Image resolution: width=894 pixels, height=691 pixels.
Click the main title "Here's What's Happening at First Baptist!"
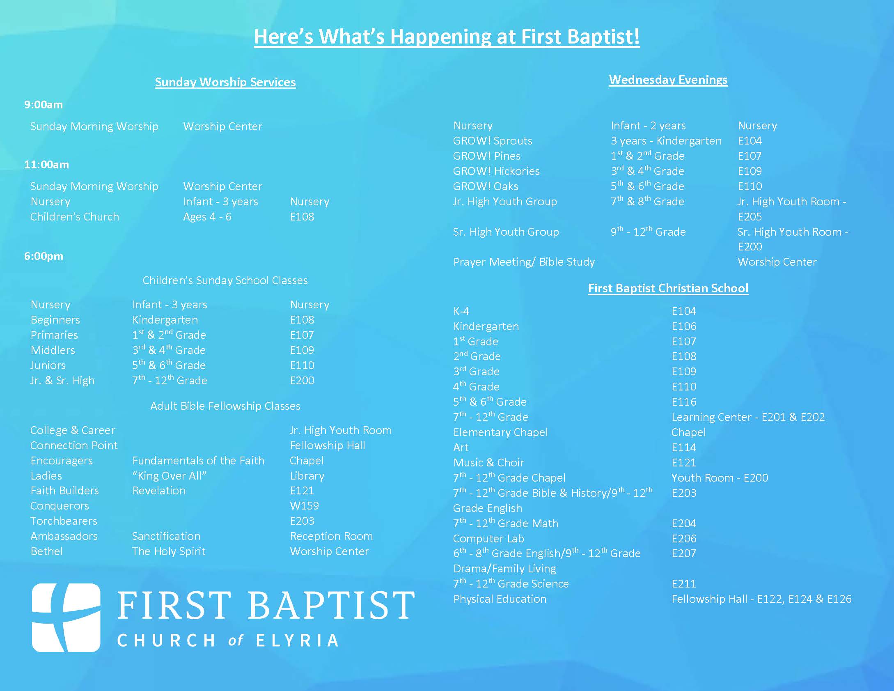click(x=447, y=37)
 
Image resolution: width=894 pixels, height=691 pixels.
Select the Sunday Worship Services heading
click(x=225, y=82)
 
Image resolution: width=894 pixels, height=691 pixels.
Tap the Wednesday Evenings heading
click(x=668, y=80)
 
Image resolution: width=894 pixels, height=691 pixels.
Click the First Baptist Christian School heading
click(x=668, y=288)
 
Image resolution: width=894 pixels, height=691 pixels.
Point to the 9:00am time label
click(x=44, y=105)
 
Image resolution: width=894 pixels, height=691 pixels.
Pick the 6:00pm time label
click(x=44, y=256)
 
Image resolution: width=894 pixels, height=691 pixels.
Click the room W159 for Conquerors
click(x=304, y=506)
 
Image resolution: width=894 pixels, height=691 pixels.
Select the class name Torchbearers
click(x=64, y=521)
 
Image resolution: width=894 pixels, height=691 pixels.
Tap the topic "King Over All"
click(x=169, y=476)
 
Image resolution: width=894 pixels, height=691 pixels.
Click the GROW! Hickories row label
click(x=496, y=171)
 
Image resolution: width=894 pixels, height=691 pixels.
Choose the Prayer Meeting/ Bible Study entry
click(x=524, y=262)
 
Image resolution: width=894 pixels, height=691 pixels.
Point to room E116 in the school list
click(x=684, y=402)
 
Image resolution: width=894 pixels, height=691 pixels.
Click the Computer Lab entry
click(x=488, y=539)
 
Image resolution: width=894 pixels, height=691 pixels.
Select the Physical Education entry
click(x=500, y=599)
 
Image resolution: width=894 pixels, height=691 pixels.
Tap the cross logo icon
click(x=66, y=618)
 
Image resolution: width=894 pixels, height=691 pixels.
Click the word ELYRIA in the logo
click(x=298, y=640)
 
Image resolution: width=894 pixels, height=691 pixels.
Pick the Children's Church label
click(x=75, y=217)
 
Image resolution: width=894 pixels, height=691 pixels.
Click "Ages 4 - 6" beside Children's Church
click(x=207, y=217)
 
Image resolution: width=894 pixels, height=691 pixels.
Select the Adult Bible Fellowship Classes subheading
click(x=225, y=406)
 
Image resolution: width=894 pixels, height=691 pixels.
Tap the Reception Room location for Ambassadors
click(x=331, y=536)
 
